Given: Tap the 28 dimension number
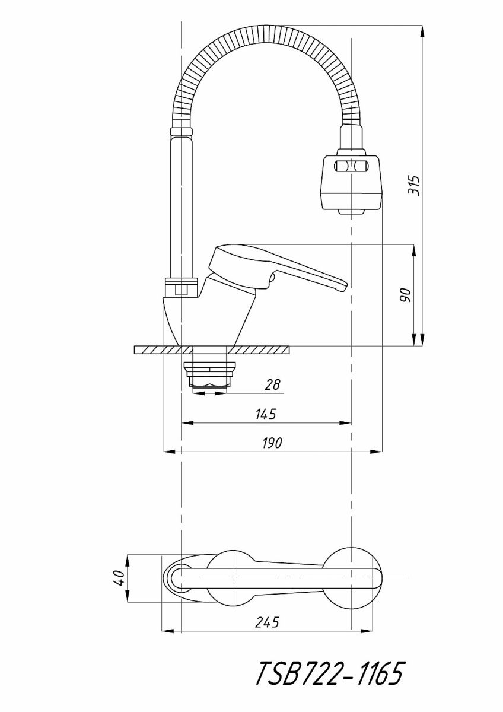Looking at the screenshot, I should click(x=272, y=384).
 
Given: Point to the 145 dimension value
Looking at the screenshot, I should click(x=267, y=414).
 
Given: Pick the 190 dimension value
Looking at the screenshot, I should click(x=272, y=443).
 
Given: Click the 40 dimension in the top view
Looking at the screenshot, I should click(x=119, y=578).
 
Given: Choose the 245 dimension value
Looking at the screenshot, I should click(x=267, y=622).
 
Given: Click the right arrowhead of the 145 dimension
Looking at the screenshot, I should click(x=347, y=423).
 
